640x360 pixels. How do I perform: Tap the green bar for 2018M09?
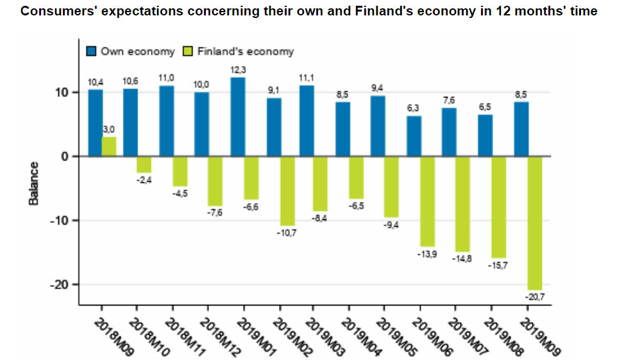109,146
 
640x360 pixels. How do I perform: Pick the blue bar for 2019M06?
414,136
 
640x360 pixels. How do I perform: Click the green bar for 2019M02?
287,191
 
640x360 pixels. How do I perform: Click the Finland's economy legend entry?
238,51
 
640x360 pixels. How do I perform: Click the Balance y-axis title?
34,184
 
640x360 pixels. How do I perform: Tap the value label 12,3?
238,69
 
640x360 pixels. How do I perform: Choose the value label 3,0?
108,130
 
